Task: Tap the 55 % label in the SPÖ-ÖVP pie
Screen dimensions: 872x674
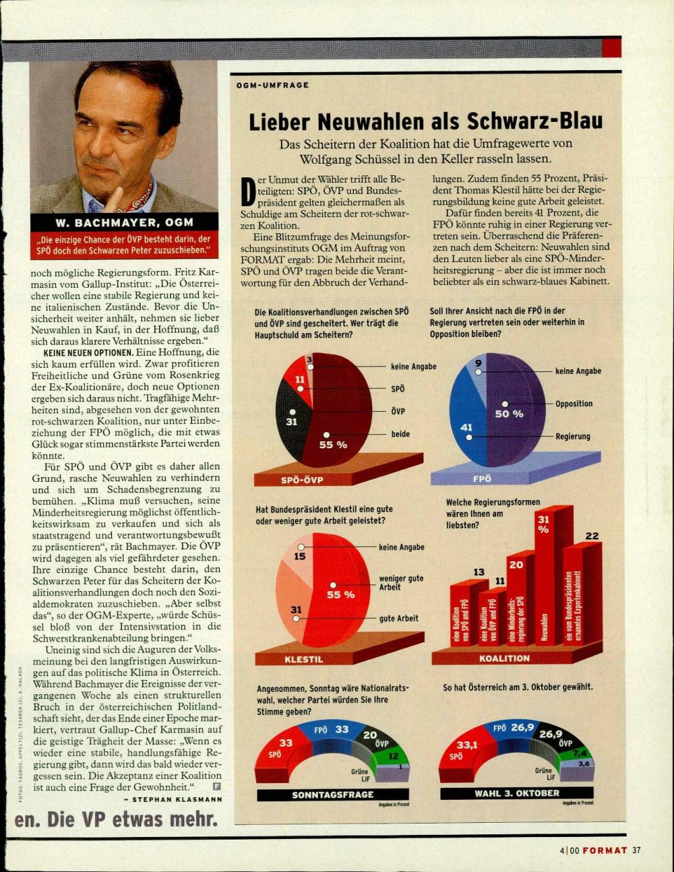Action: pyautogui.click(x=333, y=444)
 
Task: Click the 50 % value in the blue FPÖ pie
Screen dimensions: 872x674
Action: pyautogui.click(x=509, y=413)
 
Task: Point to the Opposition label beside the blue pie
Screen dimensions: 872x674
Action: pyautogui.click(x=574, y=404)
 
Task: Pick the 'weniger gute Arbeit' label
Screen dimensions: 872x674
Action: pyautogui.click(x=401, y=582)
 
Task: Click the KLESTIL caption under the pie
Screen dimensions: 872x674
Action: pyautogui.click(x=303, y=659)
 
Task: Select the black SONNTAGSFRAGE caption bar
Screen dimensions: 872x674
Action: pyautogui.click(x=333, y=795)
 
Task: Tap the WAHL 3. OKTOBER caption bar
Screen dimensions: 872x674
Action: pyautogui.click(x=517, y=793)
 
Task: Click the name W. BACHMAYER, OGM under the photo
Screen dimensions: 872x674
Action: pyautogui.click(x=123, y=222)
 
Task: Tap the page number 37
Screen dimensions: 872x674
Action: pyautogui.click(x=637, y=850)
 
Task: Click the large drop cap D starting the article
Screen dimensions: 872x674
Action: pyautogui.click(x=247, y=191)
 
